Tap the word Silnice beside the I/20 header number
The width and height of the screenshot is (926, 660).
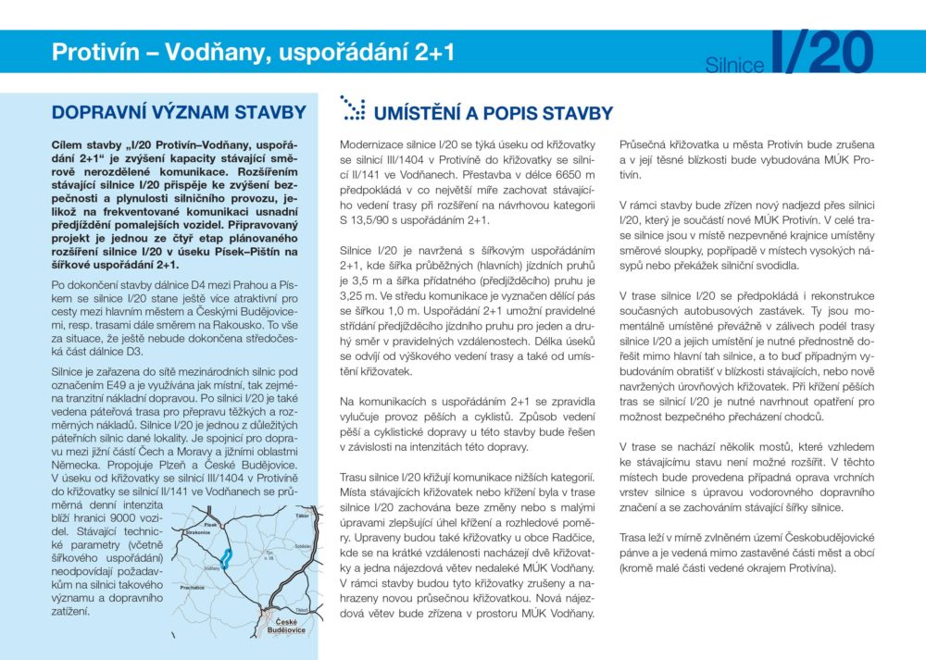click(x=734, y=65)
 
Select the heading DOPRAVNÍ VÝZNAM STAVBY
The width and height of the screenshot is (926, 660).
click(x=179, y=113)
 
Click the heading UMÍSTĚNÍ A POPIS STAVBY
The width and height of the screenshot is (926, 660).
click(x=493, y=114)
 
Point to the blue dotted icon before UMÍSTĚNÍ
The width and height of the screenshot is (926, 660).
click(x=352, y=108)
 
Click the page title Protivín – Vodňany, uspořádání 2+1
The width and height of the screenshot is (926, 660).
click(x=253, y=52)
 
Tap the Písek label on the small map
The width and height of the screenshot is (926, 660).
click(x=211, y=525)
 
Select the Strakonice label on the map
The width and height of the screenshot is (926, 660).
click(x=198, y=534)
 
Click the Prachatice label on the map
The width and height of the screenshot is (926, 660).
click(x=193, y=587)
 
